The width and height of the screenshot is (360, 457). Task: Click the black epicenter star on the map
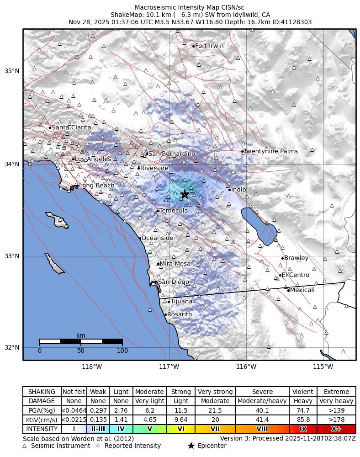click(185, 194)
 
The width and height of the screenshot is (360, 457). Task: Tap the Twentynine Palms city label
click(270, 151)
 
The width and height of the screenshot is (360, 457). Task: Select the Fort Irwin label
click(209, 46)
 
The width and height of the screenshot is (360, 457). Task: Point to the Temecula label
click(174, 211)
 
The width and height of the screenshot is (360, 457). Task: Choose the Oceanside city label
click(157, 238)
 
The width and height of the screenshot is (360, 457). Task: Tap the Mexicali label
click(302, 290)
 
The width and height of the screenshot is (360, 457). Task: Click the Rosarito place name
click(180, 314)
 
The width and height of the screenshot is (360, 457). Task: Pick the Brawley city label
click(296, 258)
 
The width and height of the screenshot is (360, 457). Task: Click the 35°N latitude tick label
click(12, 71)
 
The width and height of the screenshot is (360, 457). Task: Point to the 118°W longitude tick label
click(92, 367)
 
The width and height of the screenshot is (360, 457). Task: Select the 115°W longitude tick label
click(323, 367)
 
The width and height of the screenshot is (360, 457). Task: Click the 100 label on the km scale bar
click(122, 351)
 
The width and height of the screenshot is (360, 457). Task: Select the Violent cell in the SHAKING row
click(303, 392)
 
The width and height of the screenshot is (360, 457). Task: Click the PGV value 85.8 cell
click(303, 420)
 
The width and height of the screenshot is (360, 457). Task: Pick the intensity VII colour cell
click(215, 429)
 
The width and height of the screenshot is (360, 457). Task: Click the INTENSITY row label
click(42, 429)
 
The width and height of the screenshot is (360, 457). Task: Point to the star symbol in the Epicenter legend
click(191, 446)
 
